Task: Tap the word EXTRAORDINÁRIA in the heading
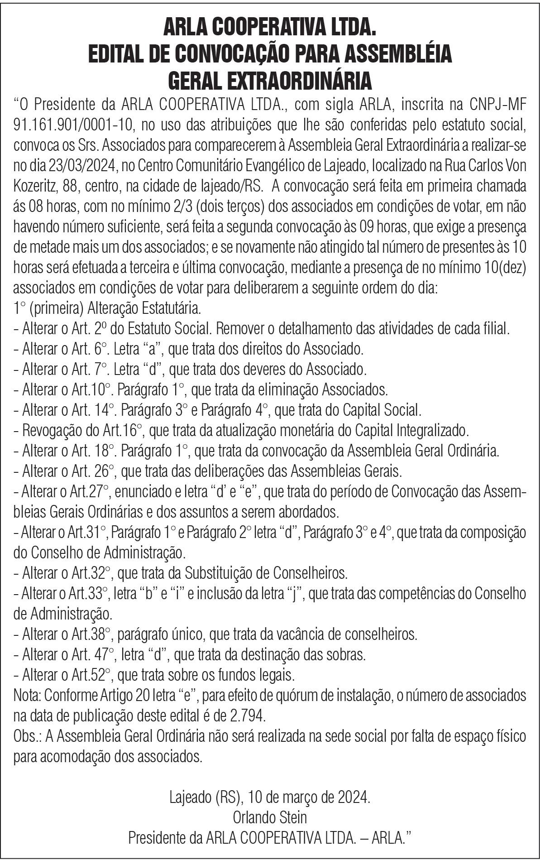(x=270, y=82)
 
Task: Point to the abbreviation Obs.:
(x=28, y=737)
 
